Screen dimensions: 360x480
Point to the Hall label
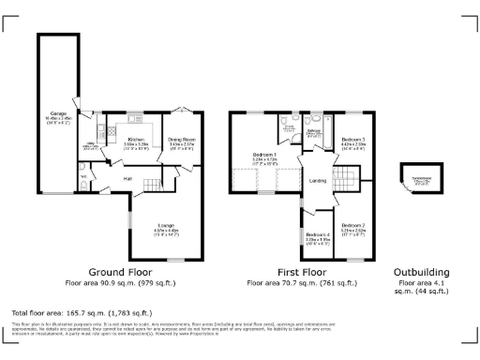tap(127, 178)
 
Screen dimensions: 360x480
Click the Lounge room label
tap(166, 226)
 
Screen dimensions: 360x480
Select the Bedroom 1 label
tap(264, 154)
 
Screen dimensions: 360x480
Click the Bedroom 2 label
tap(352, 226)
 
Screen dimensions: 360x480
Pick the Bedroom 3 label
tap(352, 141)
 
